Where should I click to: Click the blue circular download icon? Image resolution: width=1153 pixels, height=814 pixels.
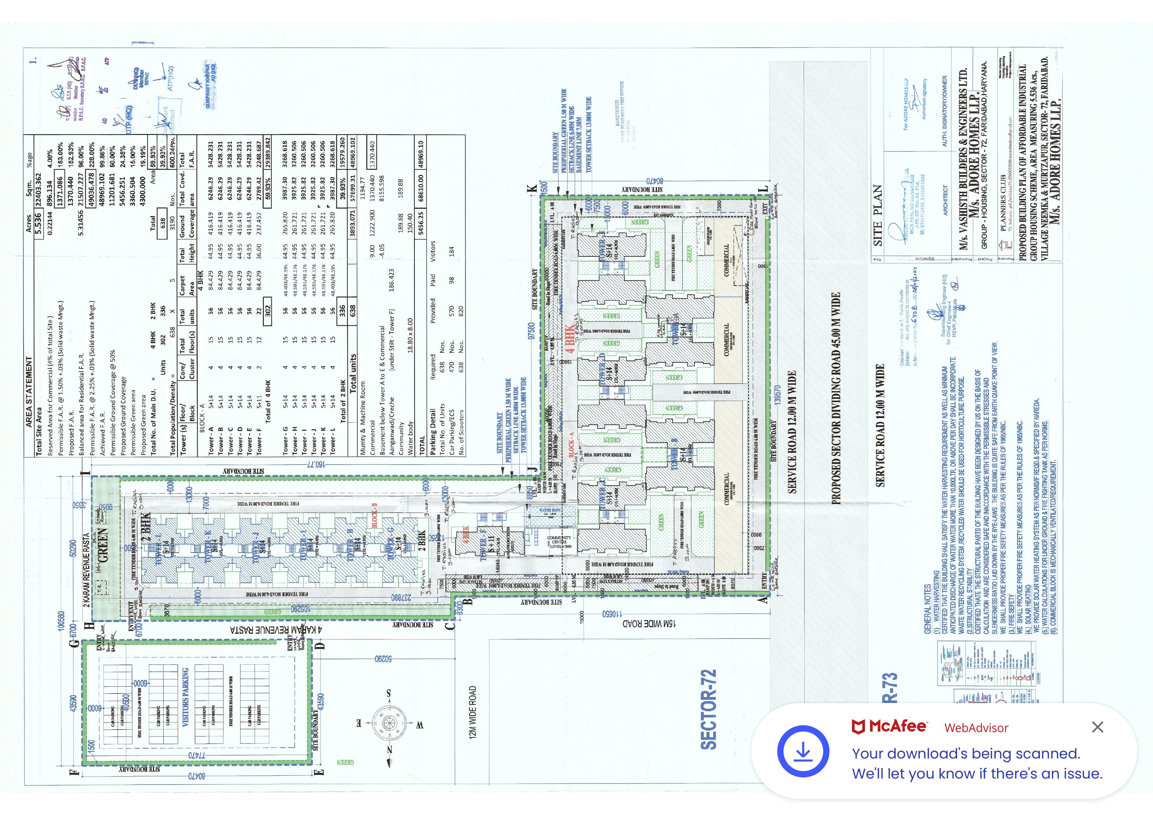pos(803,751)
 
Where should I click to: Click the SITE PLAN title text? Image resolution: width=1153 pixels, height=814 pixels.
pos(878,216)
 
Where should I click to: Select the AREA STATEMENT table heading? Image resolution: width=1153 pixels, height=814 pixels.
pos(29,391)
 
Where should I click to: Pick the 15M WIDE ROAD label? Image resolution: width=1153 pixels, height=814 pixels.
pos(649,623)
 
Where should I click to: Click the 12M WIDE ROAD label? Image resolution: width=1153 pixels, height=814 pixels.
pos(473,712)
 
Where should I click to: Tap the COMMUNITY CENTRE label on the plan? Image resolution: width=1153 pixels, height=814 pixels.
pos(559,541)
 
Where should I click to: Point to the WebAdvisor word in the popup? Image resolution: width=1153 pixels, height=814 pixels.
pos(976,728)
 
